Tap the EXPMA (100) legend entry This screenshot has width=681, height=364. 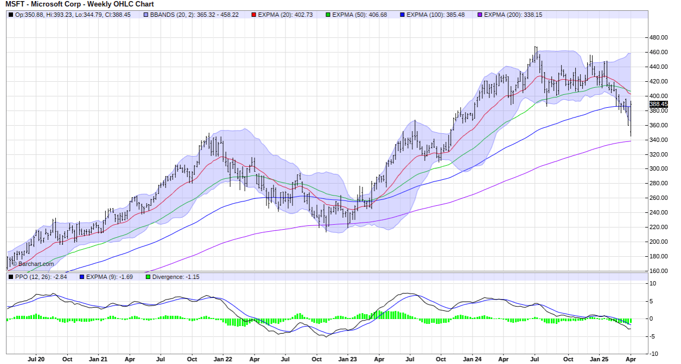point(431,15)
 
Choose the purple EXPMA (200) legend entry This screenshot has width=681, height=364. point(508,15)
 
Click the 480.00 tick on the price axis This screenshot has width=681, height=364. point(658,37)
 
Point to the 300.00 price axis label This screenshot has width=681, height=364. point(658,168)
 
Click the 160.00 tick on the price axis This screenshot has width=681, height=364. point(658,271)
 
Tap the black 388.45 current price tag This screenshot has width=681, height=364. point(658,104)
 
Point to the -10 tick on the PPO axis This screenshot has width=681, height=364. point(654,354)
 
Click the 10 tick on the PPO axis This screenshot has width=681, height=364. point(653,283)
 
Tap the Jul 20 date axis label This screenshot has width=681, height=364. point(35,359)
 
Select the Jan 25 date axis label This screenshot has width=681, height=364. point(599,359)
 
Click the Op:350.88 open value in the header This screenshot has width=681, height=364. point(24,15)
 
